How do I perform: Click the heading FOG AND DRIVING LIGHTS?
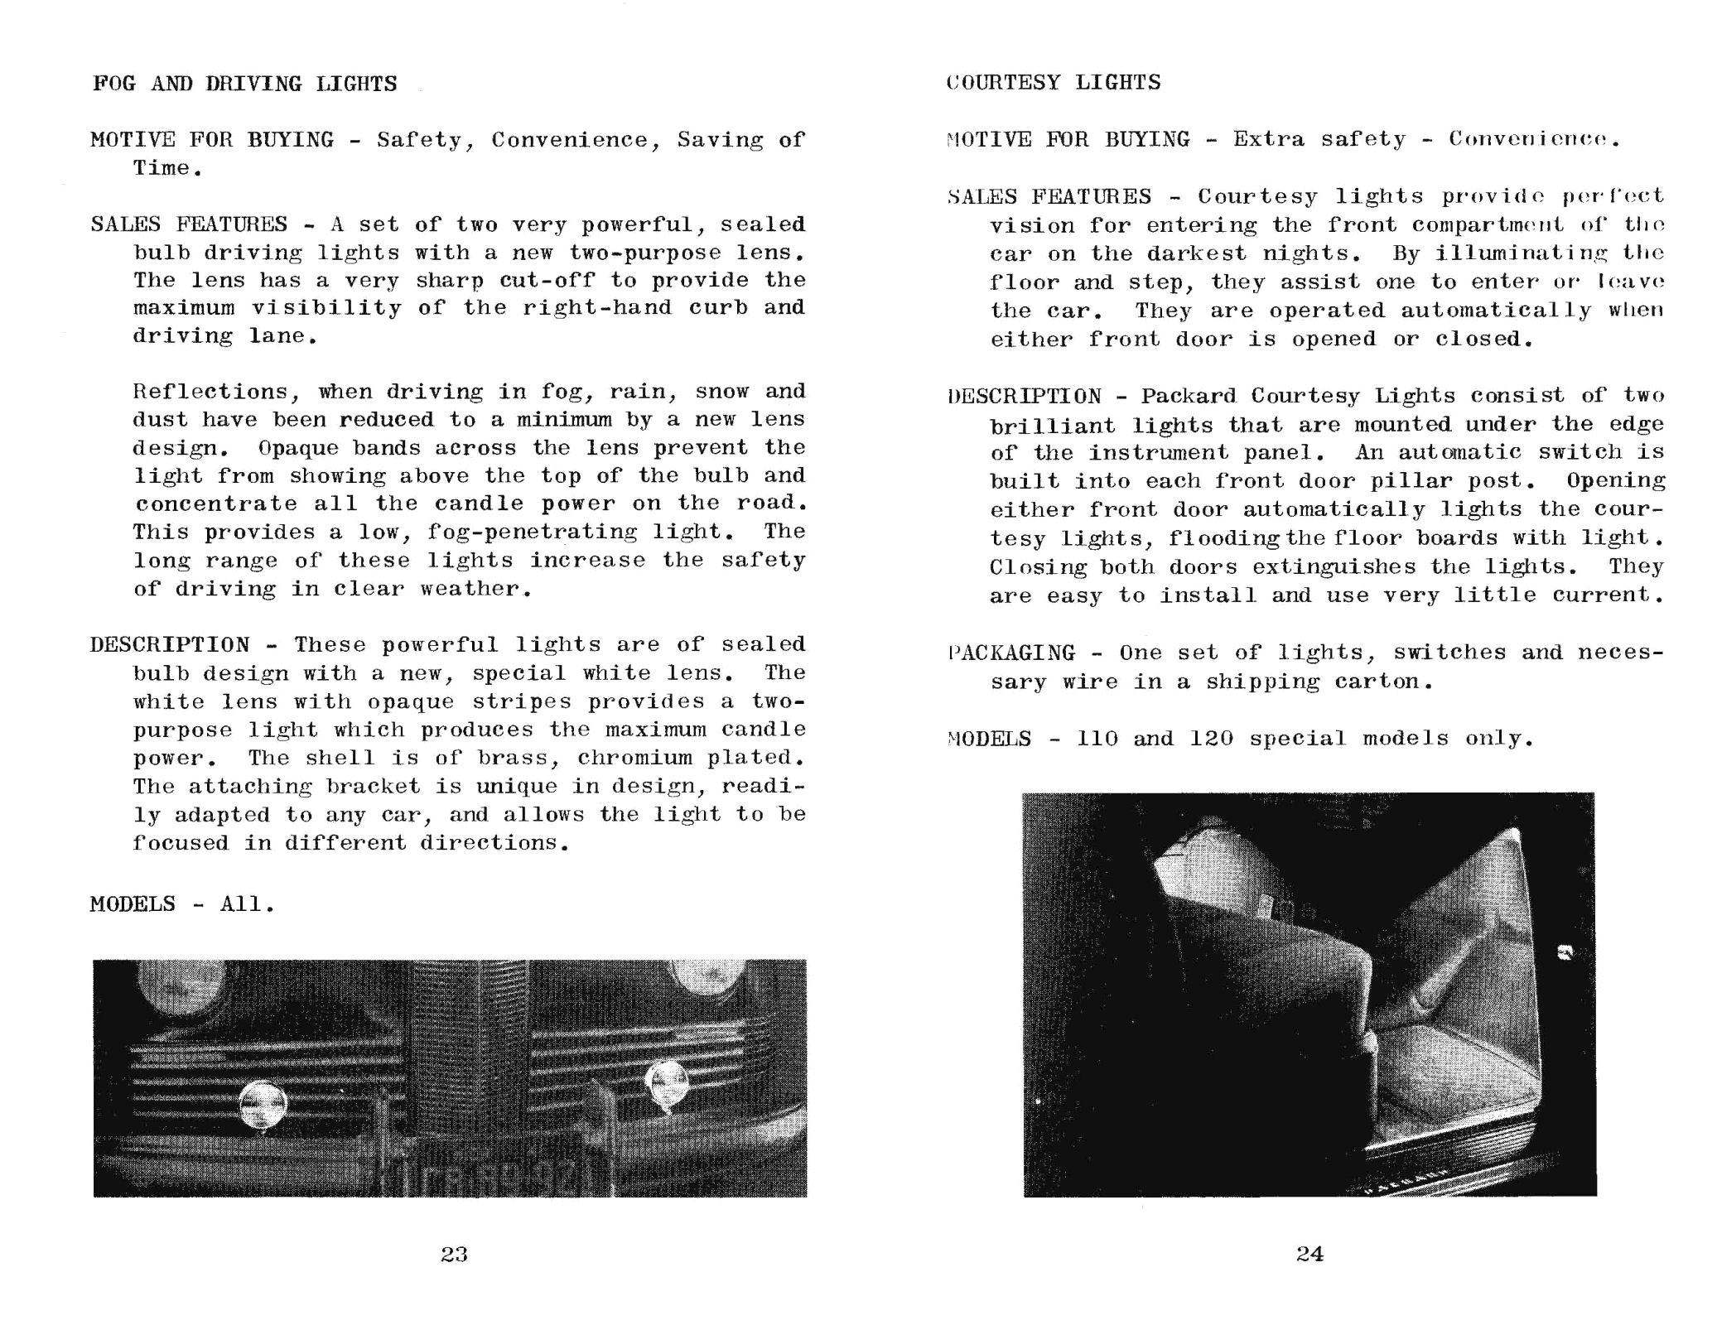tap(244, 84)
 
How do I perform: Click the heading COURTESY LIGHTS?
tap(1053, 82)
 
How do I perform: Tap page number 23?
tap(454, 1255)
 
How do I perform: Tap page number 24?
tap(1309, 1254)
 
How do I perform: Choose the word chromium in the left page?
tap(634, 758)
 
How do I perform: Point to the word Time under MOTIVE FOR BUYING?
tap(162, 168)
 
